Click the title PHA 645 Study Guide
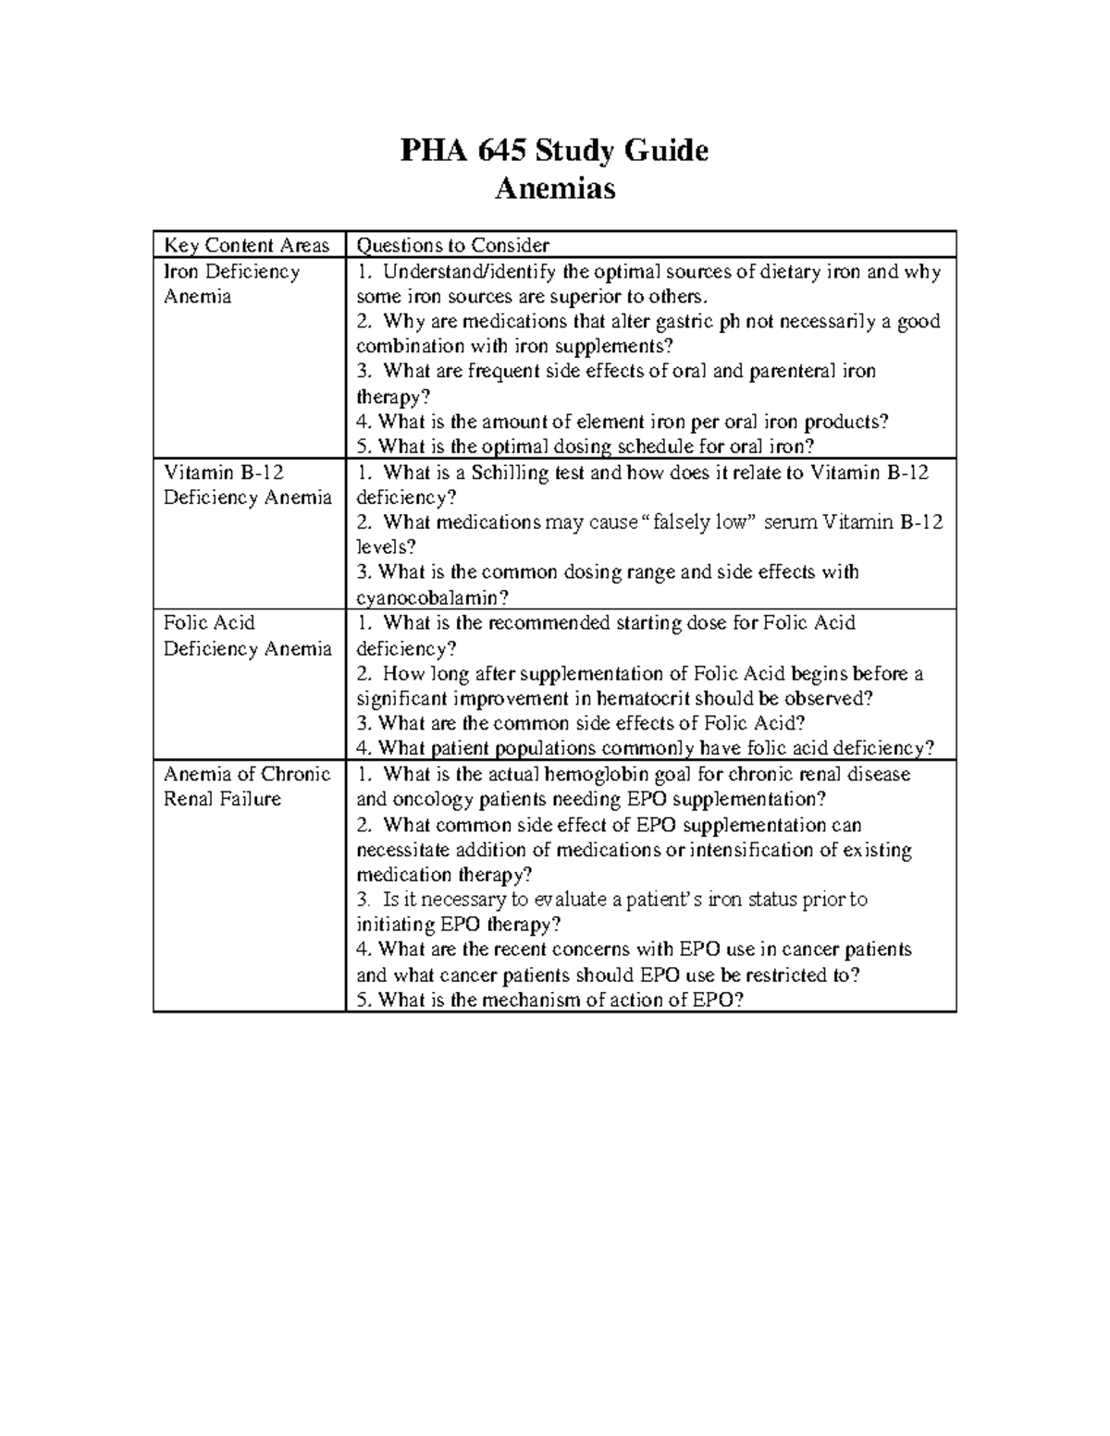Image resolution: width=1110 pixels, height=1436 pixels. tap(554, 150)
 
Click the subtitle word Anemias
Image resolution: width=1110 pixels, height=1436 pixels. tap(554, 189)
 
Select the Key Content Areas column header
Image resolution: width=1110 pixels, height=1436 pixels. tap(246, 245)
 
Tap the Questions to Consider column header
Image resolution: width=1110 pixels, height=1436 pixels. tap(453, 245)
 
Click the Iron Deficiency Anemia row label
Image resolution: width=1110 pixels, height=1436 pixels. tap(231, 284)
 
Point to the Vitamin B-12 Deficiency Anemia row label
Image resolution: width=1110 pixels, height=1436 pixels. tap(246, 485)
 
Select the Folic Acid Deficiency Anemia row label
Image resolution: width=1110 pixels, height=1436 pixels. tap(246, 635)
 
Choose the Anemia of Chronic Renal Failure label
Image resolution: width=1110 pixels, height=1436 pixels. tap(246, 786)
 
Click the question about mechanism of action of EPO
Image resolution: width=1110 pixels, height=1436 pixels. tap(549, 1000)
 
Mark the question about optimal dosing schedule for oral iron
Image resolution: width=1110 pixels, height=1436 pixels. tap(585, 447)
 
